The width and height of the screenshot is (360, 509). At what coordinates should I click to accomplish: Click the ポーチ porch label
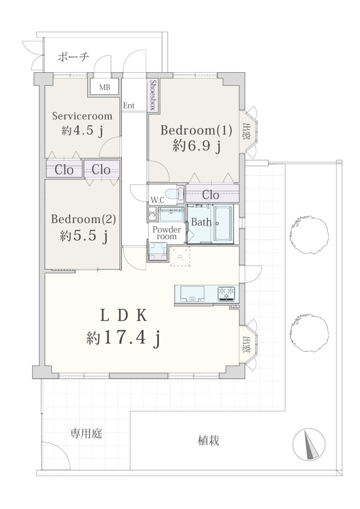(74, 57)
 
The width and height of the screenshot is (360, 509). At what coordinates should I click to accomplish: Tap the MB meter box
(105, 87)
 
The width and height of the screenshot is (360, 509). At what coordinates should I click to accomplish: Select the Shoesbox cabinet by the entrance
(153, 95)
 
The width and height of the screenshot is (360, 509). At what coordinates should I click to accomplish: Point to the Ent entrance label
(129, 105)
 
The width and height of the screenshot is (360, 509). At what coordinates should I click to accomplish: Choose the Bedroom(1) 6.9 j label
(196, 138)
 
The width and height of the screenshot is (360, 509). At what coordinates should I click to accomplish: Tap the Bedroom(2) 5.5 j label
(83, 227)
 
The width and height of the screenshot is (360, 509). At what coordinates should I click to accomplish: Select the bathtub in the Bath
(223, 223)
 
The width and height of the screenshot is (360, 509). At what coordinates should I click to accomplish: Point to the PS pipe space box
(152, 214)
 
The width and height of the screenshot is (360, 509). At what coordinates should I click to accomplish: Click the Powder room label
(166, 233)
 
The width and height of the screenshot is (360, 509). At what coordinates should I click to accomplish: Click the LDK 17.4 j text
(123, 326)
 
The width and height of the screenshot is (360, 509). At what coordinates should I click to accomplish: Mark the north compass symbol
(309, 444)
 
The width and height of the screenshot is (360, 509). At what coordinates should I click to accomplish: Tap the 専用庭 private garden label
(86, 433)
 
